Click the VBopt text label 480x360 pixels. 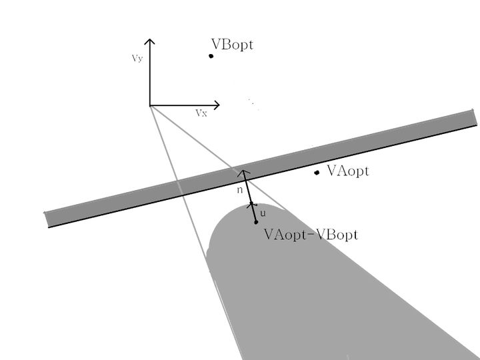(232, 45)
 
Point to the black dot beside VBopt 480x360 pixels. (211, 55)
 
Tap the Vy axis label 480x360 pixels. (137, 59)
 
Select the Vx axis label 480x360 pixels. (201, 113)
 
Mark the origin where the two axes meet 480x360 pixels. (150, 105)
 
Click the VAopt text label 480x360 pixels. (348, 171)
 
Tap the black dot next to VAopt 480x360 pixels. (317, 173)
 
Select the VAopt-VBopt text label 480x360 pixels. (311, 235)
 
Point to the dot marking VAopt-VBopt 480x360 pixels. (256, 222)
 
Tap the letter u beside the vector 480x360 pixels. (262, 213)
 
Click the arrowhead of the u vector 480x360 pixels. (251, 203)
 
